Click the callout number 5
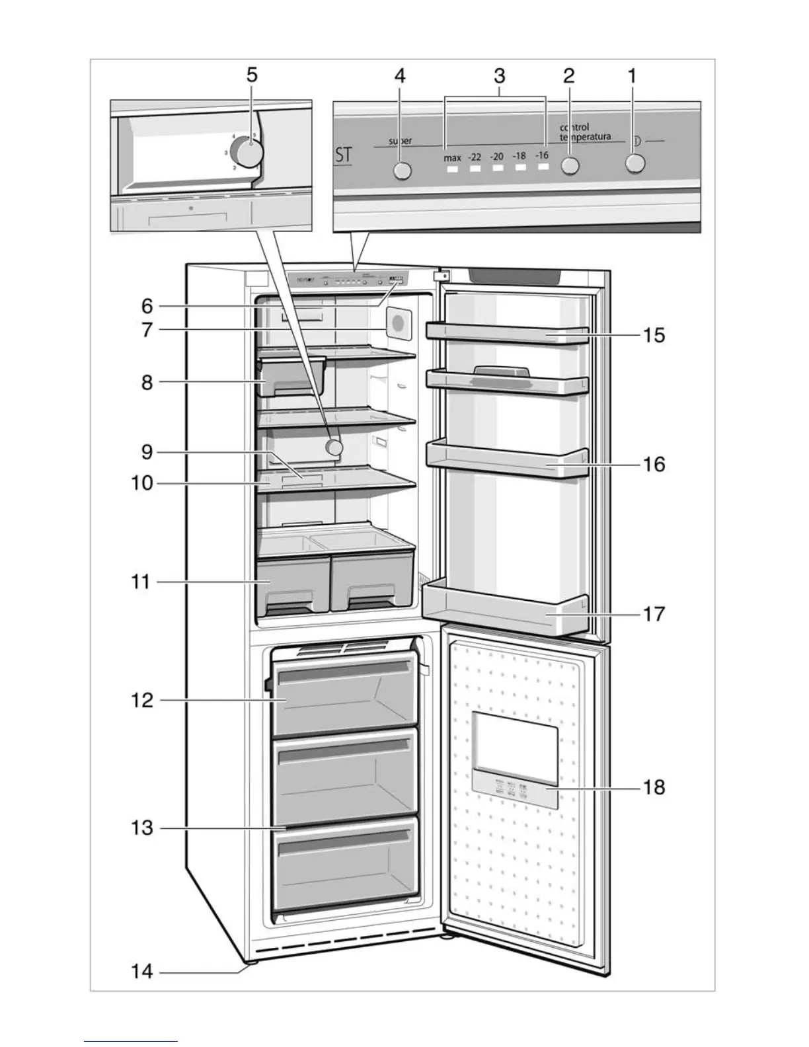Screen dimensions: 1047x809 [x=252, y=75]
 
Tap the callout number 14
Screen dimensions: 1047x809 [x=142, y=972]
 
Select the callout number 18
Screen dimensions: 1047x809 [x=654, y=787]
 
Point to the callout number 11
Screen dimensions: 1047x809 [x=140, y=582]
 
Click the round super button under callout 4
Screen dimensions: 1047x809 [x=402, y=171]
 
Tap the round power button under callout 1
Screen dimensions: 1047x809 [x=635, y=163]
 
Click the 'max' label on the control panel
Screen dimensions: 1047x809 [x=452, y=158]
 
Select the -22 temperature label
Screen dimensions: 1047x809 [x=475, y=157]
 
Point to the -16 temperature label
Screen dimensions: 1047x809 [x=542, y=155]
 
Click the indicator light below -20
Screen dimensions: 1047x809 [x=497, y=169]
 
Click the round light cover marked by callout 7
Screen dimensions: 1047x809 [x=399, y=324]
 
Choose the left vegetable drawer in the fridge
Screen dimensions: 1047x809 [x=293, y=584]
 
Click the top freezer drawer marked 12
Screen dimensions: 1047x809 [x=344, y=699]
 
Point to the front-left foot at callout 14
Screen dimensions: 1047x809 [x=250, y=963]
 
